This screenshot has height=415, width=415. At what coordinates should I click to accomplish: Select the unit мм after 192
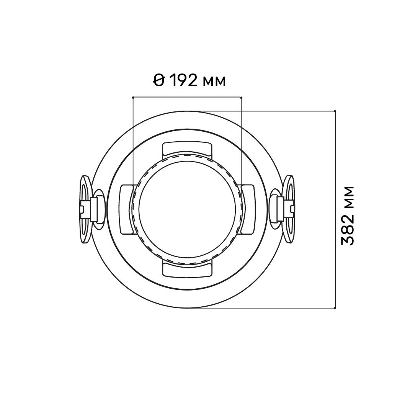(214, 82)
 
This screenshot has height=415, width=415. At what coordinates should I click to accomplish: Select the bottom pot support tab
(187, 270)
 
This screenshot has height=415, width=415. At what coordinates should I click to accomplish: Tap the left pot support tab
(126, 209)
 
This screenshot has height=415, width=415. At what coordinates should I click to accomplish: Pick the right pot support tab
(247, 209)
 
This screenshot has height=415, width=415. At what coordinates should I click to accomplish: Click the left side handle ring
(85, 209)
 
